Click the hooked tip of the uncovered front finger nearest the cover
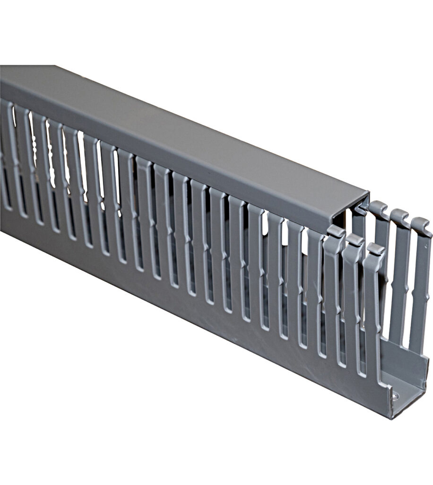tap(335, 232)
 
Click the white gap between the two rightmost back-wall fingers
tap(409, 284)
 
